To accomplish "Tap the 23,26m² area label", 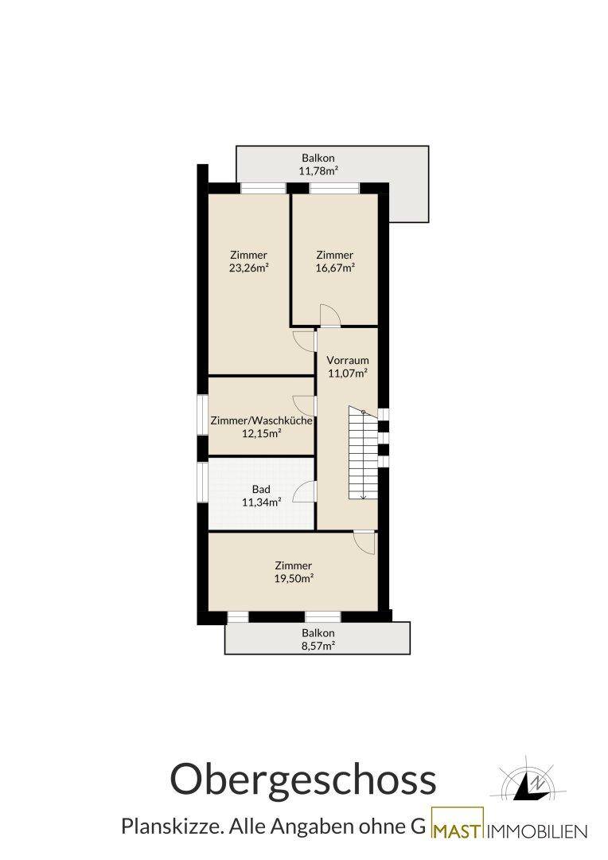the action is coord(249,268).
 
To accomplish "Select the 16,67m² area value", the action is coord(335,268).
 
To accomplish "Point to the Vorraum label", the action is coord(348,361).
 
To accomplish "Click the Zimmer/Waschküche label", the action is coord(262,420).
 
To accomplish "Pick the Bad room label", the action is coord(261,489).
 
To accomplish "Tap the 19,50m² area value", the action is coord(294,578).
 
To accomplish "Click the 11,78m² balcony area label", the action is coord(318,170).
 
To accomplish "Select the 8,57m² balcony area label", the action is coord(318,646).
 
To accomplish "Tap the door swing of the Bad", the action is coord(305,491).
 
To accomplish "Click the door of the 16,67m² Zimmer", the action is coord(330,315).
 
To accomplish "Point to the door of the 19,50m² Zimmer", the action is coord(364,542).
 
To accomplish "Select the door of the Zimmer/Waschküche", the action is coord(305,405).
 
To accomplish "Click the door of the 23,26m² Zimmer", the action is coord(305,341).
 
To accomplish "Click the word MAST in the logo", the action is coord(458,831).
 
